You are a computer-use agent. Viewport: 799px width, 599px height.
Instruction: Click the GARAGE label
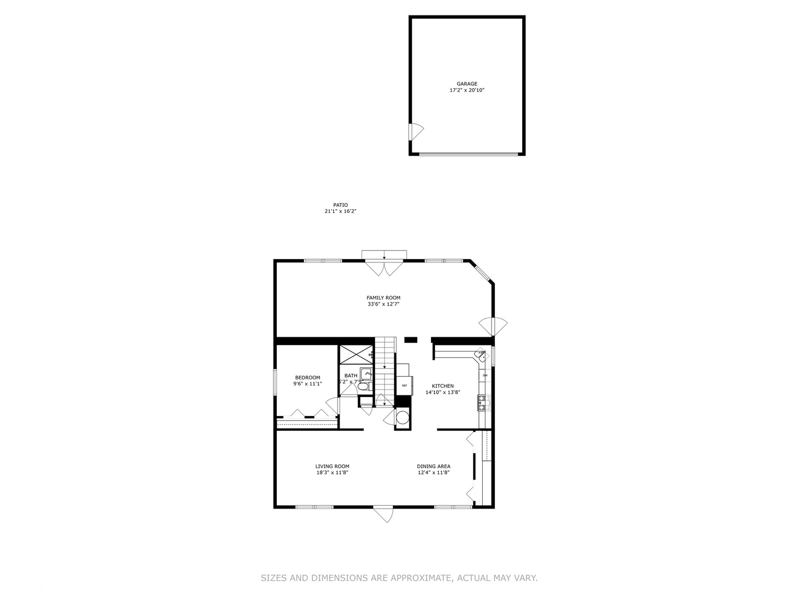(467, 84)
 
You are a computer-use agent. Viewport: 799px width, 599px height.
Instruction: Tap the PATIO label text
(340, 205)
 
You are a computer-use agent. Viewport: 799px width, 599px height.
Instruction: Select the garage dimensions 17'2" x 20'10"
(467, 90)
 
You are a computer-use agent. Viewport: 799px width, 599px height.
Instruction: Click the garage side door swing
(416, 131)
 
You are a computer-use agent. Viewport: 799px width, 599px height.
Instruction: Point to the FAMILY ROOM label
(383, 298)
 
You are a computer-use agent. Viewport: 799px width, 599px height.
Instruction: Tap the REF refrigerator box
(404, 385)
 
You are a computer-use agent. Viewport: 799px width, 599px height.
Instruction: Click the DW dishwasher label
(485, 375)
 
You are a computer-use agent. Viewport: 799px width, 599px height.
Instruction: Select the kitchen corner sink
(480, 356)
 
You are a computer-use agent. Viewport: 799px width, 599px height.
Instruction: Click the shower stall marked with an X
(355, 354)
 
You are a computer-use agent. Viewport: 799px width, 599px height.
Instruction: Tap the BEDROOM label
(307, 378)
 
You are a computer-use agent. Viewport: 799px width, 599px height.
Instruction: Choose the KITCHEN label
(443, 386)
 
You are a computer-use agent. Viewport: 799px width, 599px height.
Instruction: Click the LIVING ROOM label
(332, 466)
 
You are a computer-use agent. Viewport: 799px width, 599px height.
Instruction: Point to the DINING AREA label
(433, 466)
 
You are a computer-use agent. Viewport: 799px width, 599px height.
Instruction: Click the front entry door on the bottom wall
(382, 514)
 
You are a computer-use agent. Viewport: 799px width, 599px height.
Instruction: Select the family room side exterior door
(493, 326)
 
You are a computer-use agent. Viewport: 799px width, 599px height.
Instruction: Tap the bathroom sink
(366, 373)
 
